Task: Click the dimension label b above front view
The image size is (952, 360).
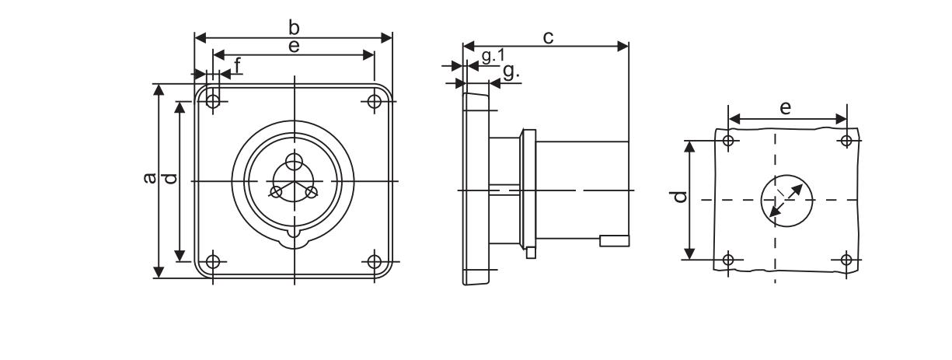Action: point(294,27)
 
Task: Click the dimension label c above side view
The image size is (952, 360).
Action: point(548,37)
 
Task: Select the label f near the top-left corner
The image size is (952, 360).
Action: point(238,66)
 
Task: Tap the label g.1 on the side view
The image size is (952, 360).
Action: point(493,55)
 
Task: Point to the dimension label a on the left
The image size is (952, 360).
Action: point(149,178)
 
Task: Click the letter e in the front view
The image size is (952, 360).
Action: point(294,46)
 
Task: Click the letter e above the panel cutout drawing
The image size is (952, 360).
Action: point(786,108)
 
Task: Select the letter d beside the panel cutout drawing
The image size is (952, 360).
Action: point(681,197)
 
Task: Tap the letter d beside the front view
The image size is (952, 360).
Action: point(170,178)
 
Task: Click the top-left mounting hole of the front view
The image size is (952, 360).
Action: point(213,102)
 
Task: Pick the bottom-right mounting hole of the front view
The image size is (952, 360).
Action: point(374,261)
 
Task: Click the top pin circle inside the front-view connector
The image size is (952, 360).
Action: point(294,161)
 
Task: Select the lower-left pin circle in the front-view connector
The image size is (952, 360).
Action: point(276,192)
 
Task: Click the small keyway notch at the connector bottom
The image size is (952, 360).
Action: point(294,234)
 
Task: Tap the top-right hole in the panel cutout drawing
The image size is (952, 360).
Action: point(846,140)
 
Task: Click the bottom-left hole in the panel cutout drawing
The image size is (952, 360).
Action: point(728,259)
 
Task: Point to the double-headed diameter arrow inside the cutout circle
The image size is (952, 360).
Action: point(786,201)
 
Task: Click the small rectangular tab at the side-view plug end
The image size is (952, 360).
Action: point(615,241)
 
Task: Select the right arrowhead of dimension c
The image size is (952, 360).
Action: point(623,46)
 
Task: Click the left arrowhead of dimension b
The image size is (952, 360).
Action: point(201,38)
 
